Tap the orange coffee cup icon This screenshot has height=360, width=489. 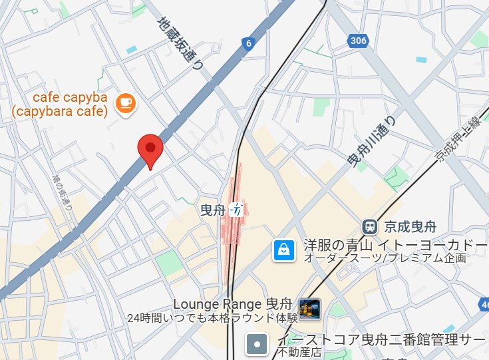[124, 102]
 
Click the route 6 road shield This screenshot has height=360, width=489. [248, 44]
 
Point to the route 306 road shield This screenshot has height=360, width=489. [358, 41]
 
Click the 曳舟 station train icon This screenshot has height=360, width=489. [236, 210]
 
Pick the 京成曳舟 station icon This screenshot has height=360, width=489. [370, 226]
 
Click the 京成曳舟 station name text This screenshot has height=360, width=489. [408, 226]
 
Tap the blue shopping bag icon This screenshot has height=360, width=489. [283, 250]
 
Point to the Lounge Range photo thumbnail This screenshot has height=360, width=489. [310, 308]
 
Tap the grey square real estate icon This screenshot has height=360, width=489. [257, 344]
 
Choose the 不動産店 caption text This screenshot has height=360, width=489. [299, 352]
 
